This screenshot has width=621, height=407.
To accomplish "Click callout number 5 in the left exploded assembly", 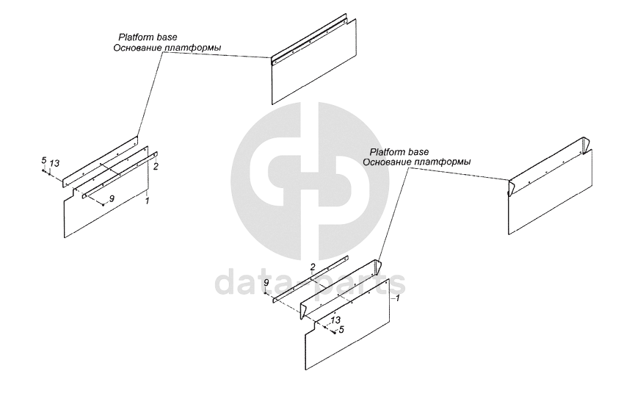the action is point(44,160).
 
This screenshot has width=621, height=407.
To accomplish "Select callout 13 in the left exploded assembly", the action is point(54,162).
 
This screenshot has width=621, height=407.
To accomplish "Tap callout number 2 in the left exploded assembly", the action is point(156,167).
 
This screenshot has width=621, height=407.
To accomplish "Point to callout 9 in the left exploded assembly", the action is point(112,199).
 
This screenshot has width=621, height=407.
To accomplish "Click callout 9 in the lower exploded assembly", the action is point(266,283).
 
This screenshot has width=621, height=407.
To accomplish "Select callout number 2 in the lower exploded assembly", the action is point(313,267).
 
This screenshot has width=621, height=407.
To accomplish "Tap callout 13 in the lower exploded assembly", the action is point(335,320).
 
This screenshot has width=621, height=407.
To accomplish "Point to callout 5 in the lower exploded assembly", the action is point(341,330).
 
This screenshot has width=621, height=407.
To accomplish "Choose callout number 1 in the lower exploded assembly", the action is point(397,298).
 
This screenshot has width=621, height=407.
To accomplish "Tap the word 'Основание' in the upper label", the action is point(138,48).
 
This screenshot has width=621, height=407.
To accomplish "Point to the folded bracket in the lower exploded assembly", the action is point(345,283).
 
